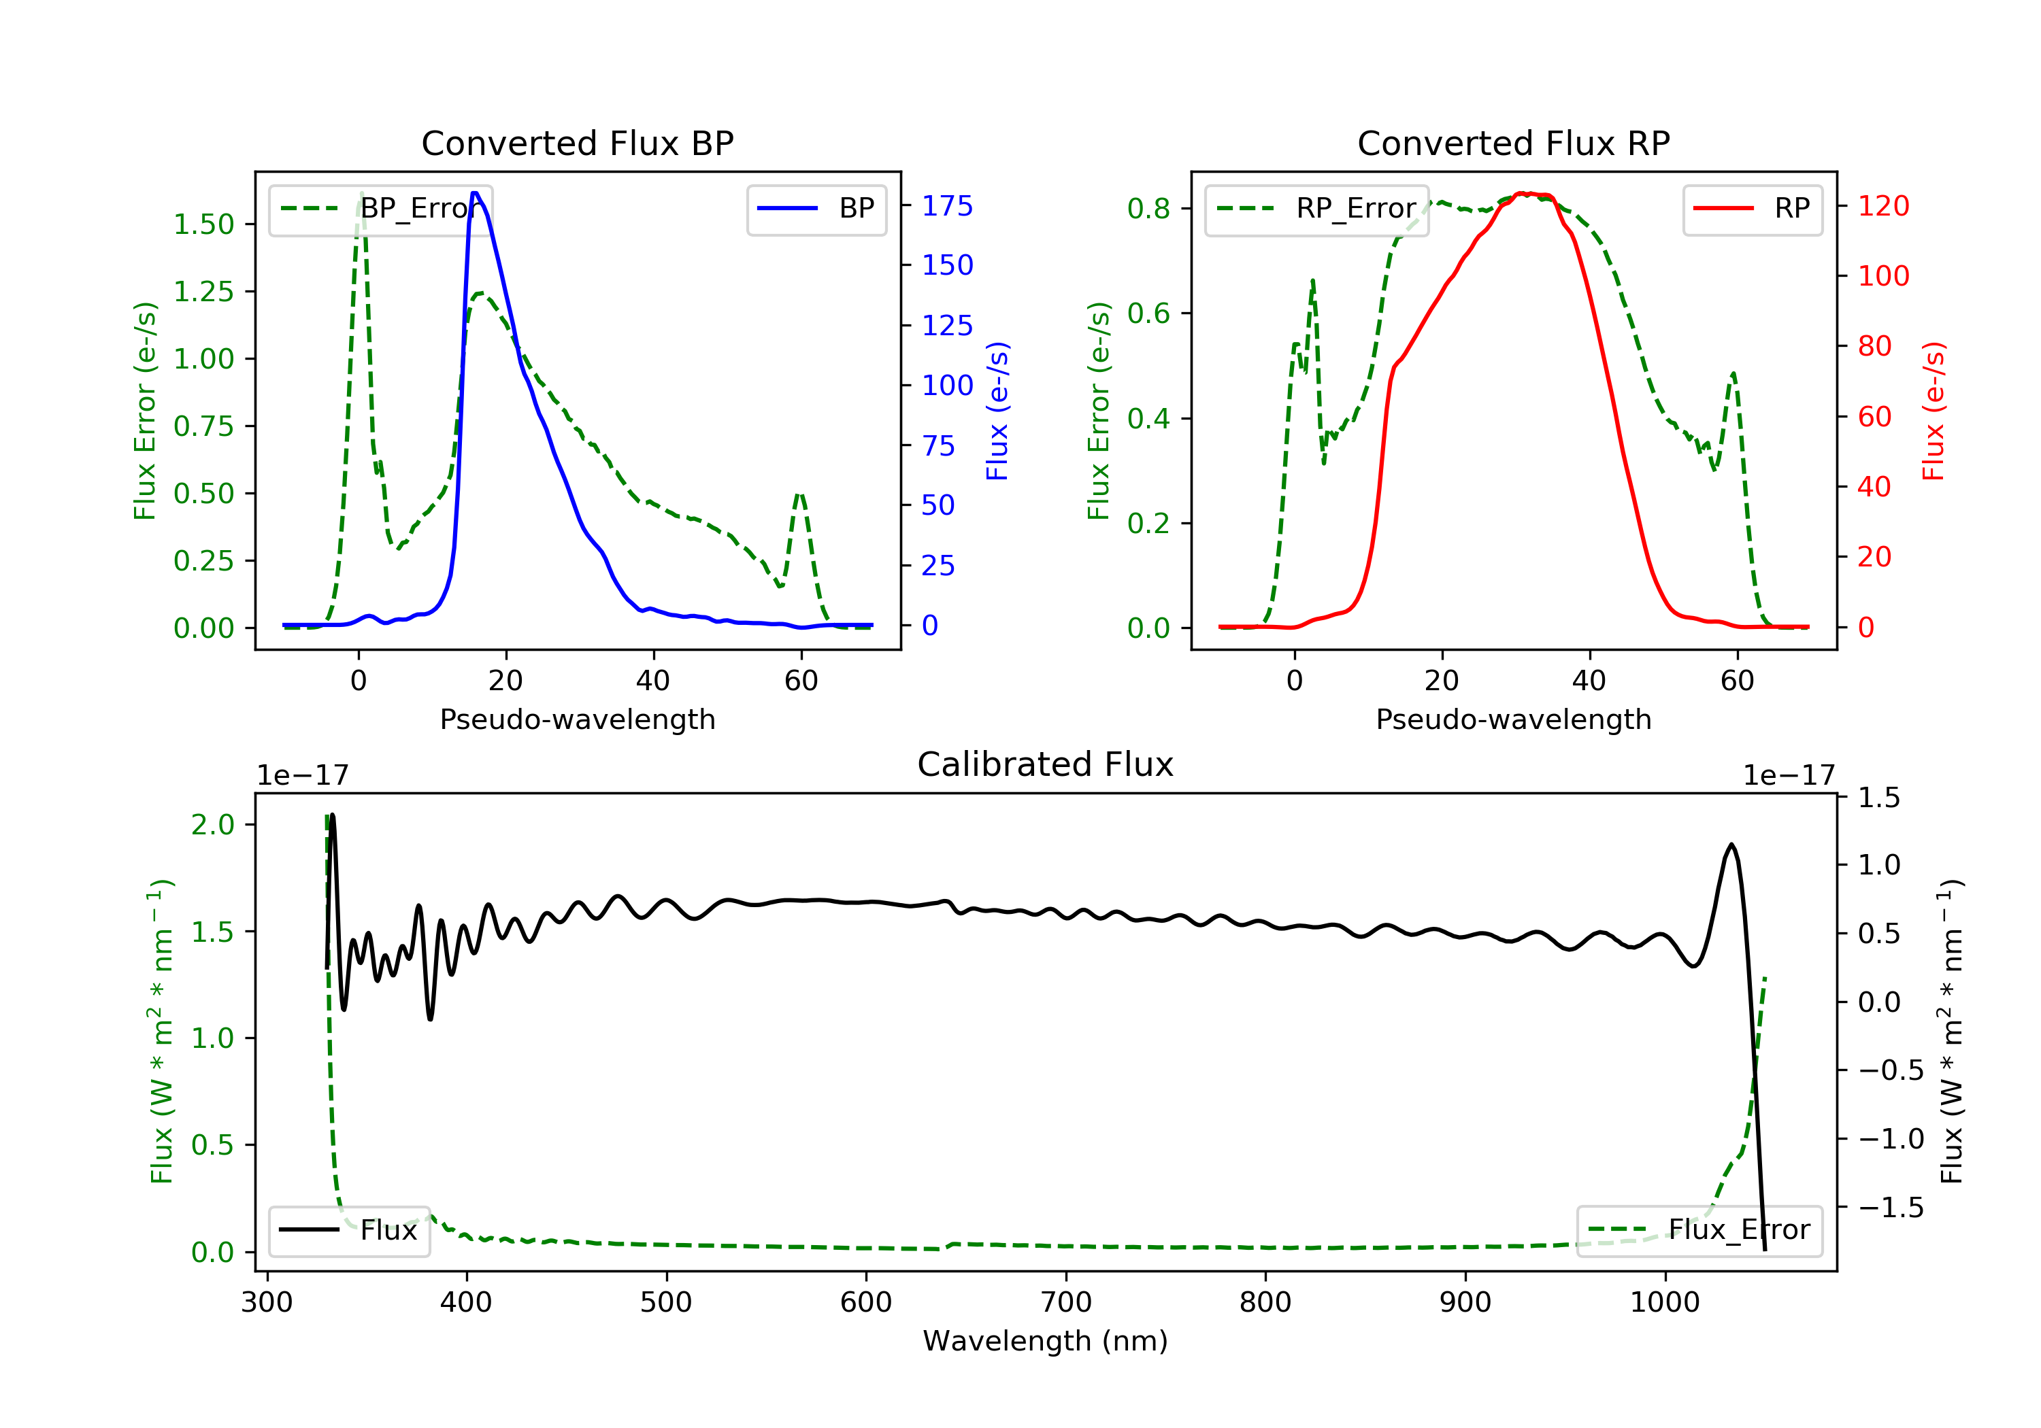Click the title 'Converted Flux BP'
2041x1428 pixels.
click(578, 143)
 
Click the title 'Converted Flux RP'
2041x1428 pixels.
click(1514, 143)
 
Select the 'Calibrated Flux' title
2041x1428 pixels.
click(1046, 764)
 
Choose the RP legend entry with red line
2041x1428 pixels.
click(1752, 209)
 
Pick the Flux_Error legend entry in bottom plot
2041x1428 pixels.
click(1699, 1230)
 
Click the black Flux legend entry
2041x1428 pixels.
click(348, 1230)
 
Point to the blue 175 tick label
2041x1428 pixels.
click(948, 206)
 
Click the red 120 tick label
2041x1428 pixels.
click(1884, 206)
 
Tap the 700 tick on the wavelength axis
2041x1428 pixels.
click(1066, 1303)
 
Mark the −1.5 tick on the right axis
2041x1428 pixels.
click(1891, 1208)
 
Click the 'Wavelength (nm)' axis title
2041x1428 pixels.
click(1046, 1341)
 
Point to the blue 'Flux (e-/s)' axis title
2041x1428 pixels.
click(997, 411)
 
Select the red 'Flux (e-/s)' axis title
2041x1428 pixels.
click(1934, 411)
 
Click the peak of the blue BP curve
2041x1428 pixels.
click(475, 193)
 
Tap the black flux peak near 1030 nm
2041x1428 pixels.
click(1731, 845)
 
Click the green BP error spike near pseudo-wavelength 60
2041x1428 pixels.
click(800, 494)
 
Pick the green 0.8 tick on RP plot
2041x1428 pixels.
click(1148, 209)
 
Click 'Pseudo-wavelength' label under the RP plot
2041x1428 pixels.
click(1514, 719)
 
